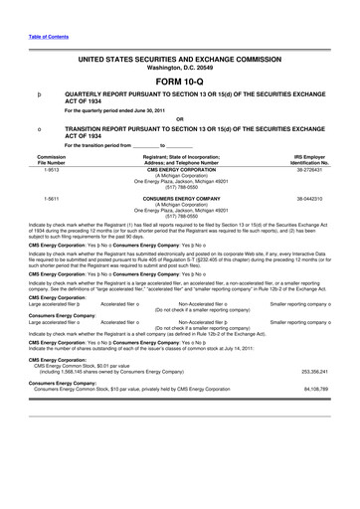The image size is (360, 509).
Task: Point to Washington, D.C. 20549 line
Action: coord(180,68)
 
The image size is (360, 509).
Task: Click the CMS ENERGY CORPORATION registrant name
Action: coord(181,170)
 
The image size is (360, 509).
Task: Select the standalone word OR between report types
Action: coord(180,119)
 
